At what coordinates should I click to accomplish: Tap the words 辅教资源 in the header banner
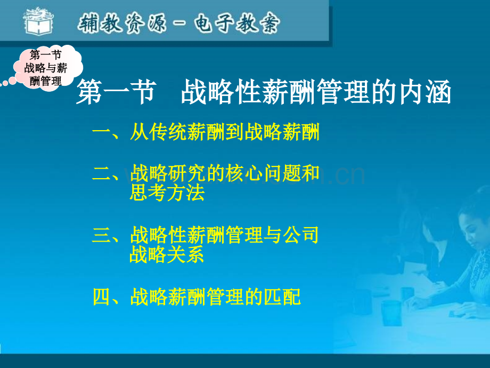point(120,23)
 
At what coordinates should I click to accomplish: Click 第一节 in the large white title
point(116,93)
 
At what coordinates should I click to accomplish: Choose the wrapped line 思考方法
point(167,193)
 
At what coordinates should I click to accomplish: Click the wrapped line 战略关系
point(167,255)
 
